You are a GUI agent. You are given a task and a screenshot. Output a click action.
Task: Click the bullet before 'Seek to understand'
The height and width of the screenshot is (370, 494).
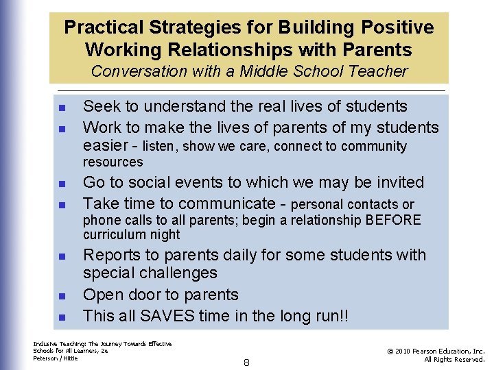tap(62, 108)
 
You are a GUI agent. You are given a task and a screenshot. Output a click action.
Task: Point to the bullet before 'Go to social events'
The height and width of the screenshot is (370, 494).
tap(62, 184)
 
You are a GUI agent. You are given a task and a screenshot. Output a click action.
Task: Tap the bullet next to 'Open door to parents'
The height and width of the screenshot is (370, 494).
tap(62, 296)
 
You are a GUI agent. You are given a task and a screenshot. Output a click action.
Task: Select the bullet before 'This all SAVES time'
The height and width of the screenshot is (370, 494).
tap(62, 317)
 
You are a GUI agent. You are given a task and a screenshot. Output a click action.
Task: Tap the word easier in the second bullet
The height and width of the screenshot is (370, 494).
tap(106, 146)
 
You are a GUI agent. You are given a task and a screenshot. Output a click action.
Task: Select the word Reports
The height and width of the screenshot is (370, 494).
tap(110, 256)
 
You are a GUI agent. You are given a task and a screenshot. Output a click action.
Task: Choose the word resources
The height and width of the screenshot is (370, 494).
tap(113, 162)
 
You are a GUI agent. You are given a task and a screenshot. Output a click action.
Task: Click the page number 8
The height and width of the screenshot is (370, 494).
tap(246, 362)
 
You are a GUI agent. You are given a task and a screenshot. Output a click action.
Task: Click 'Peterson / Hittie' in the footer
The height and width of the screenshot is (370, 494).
tap(56, 358)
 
